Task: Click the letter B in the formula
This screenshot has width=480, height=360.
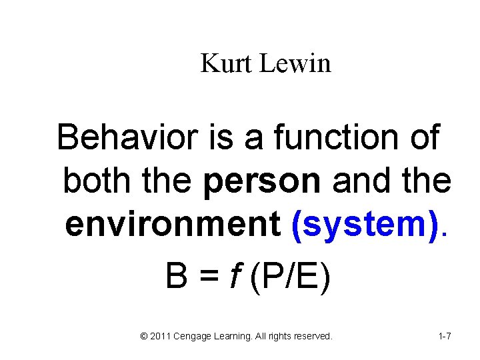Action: coord(176,276)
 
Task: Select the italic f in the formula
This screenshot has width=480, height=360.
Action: coord(234,275)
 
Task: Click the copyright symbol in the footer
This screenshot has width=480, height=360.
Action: coord(145,337)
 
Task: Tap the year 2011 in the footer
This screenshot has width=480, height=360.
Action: coord(160,337)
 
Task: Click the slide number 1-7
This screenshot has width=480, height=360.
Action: coord(445,337)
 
